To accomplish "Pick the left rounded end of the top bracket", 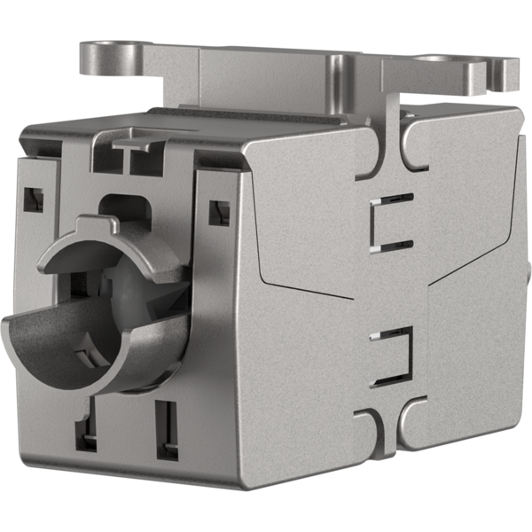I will tap(91, 55).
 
